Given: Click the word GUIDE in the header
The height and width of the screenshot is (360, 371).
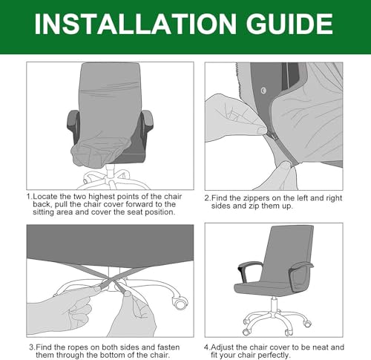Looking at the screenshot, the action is pyautogui.click(x=289, y=24).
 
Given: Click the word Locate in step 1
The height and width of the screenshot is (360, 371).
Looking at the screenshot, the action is pyautogui.click(x=45, y=197).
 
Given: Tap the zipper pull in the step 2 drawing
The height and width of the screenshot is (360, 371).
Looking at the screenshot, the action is pyautogui.click(x=273, y=137).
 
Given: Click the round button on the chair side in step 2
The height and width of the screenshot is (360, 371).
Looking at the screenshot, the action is pyautogui.click(x=263, y=91).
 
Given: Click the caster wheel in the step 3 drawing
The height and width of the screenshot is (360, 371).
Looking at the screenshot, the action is pyautogui.click(x=180, y=302).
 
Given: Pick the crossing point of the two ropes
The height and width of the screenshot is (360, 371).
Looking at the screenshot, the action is pyautogui.click(x=111, y=281).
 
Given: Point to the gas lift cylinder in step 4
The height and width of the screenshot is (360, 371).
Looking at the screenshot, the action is pyautogui.click(x=274, y=306).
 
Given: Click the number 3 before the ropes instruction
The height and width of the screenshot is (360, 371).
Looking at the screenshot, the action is pyautogui.click(x=31, y=347).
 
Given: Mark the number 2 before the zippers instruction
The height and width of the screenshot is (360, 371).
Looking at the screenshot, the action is pyautogui.click(x=207, y=198).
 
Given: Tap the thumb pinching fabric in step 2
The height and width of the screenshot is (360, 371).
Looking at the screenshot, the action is pyautogui.click(x=261, y=129).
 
